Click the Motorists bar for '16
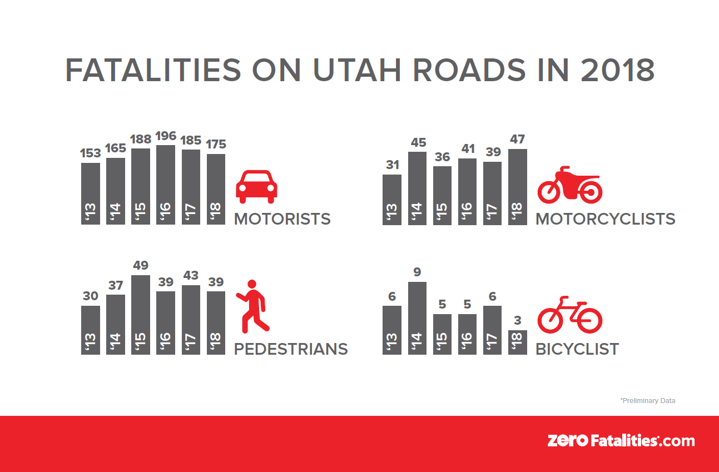(166, 185)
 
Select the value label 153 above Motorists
(91, 153)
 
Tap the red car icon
(256, 187)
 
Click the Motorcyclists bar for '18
(517, 187)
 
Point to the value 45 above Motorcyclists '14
(417, 142)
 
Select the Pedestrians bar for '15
(141, 315)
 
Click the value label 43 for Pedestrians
(191, 276)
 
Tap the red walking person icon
(254, 306)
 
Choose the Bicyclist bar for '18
(517, 342)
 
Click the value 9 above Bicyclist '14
(417, 272)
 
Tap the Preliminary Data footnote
(647, 400)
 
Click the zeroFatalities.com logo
(621, 441)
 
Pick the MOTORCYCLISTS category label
(605, 219)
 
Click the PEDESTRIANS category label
(291, 349)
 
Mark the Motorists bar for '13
(91, 193)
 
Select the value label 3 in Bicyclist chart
(517, 321)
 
